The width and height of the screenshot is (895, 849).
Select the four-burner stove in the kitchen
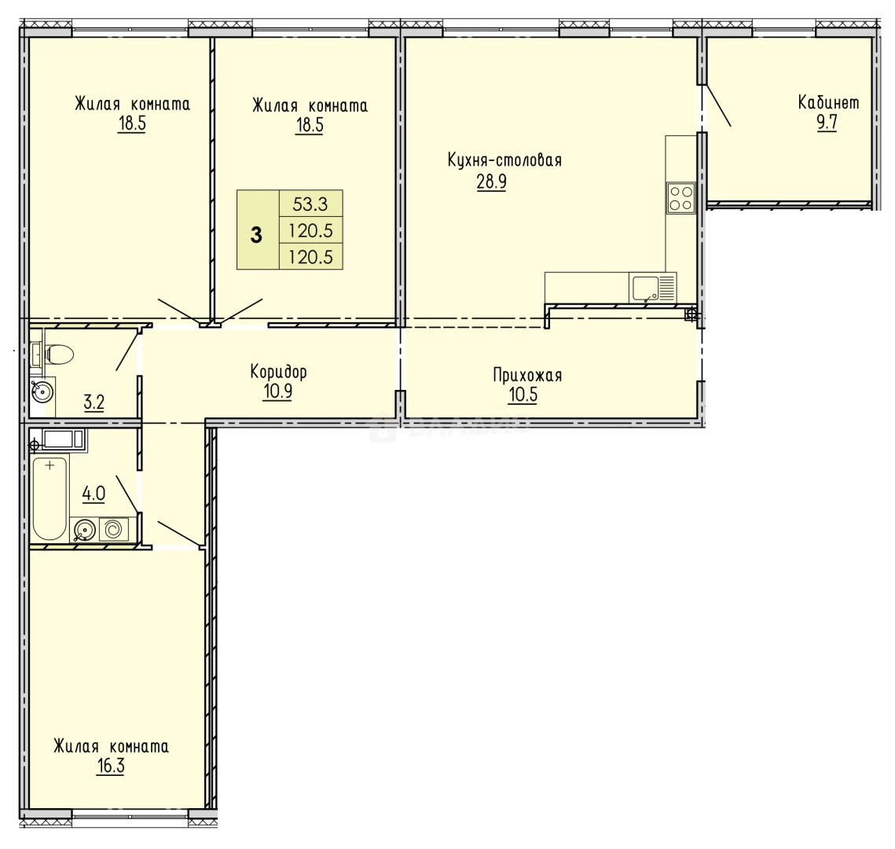[681, 197]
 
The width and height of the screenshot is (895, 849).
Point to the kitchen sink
[652, 287]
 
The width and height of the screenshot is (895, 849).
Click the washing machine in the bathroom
[114, 529]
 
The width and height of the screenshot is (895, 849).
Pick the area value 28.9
[491, 182]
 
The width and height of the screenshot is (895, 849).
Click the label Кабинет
[828, 103]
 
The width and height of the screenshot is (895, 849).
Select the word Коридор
[278, 373]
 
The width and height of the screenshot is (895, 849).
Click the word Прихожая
[527, 375]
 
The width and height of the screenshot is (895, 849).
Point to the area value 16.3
[111, 766]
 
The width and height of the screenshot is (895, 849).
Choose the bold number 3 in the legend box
[256, 235]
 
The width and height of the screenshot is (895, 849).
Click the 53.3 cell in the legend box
[310, 204]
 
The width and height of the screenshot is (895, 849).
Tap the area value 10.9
[277, 392]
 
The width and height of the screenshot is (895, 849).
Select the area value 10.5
[523, 395]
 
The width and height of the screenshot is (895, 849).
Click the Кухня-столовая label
[504, 160]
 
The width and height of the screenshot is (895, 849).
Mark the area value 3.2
[94, 402]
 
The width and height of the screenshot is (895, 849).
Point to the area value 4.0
[94, 493]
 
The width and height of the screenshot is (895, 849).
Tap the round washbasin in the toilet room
[42, 391]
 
